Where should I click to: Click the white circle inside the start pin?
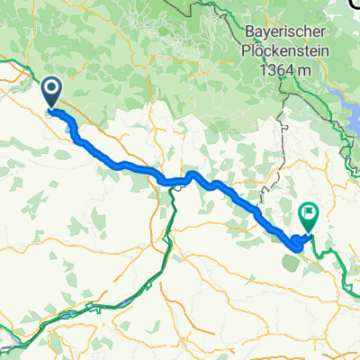coord(50,88)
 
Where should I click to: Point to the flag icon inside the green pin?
coord(309,214)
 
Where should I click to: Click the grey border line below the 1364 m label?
coord(284,135)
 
